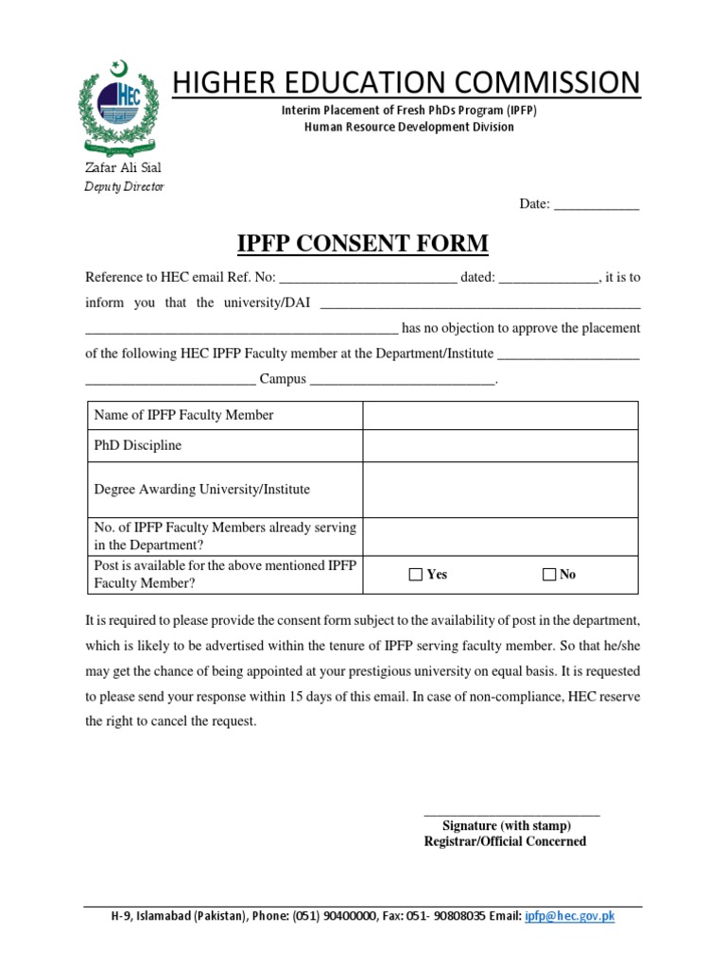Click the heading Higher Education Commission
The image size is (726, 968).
click(x=406, y=82)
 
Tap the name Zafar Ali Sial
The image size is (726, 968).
click(x=123, y=167)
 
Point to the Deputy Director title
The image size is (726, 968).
click(x=125, y=186)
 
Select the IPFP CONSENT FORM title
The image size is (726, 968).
click(x=362, y=244)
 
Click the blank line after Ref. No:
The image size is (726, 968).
click(x=368, y=278)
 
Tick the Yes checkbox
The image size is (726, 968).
click(x=416, y=575)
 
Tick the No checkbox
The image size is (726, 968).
click(x=549, y=575)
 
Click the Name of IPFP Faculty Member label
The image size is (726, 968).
click(x=183, y=415)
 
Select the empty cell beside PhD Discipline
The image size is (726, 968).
click(x=500, y=445)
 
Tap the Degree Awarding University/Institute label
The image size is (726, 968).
click(x=201, y=490)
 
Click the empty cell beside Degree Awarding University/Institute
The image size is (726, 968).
click(x=500, y=490)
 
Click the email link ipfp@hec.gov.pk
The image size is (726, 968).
click(x=570, y=916)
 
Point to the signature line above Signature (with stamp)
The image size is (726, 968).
click(x=510, y=814)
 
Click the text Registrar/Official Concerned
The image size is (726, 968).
click(x=505, y=841)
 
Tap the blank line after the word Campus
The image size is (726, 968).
click(x=402, y=380)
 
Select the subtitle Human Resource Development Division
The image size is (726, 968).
click(x=409, y=127)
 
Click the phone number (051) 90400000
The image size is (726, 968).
click(x=335, y=916)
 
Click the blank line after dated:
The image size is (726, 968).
click(x=548, y=278)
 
